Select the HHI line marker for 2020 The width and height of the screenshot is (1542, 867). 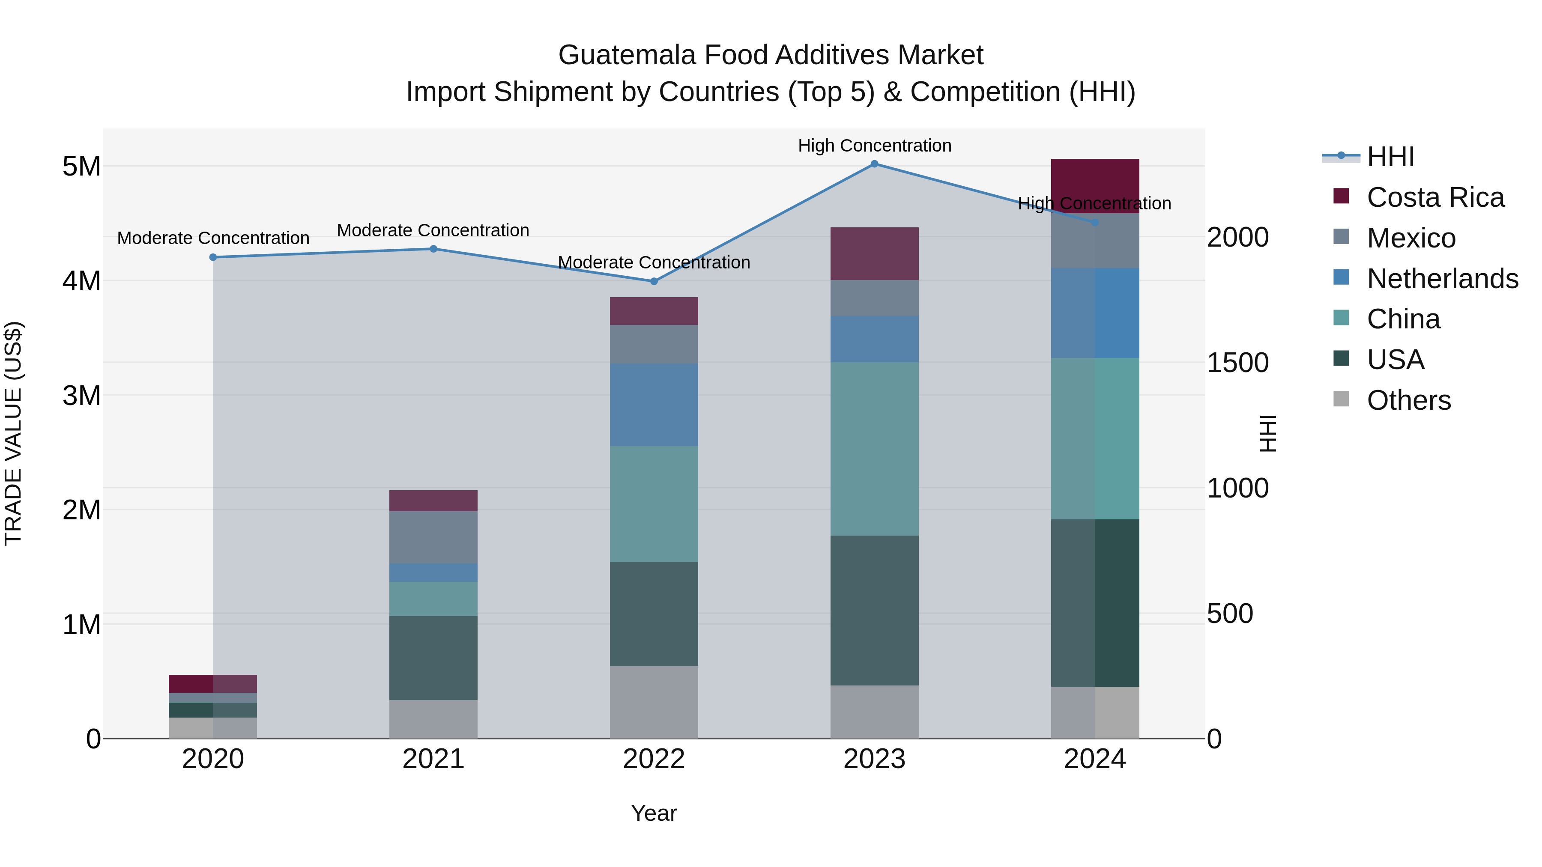tap(213, 257)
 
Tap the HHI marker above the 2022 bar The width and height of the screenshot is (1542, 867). tap(654, 281)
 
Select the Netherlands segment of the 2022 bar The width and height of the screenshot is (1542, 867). tap(654, 405)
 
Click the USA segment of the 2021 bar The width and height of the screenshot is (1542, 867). tap(433, 658)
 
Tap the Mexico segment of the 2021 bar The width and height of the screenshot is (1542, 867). tap(433, 537)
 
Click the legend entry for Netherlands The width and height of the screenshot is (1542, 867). tap(1442, 279)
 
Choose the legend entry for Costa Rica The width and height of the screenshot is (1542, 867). tap(1435, 197)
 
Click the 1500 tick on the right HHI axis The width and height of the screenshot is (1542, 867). tap(1237, 363)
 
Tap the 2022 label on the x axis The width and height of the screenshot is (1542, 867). tap(654, 759)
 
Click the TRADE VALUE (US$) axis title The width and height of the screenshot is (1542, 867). tap(13, 433)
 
